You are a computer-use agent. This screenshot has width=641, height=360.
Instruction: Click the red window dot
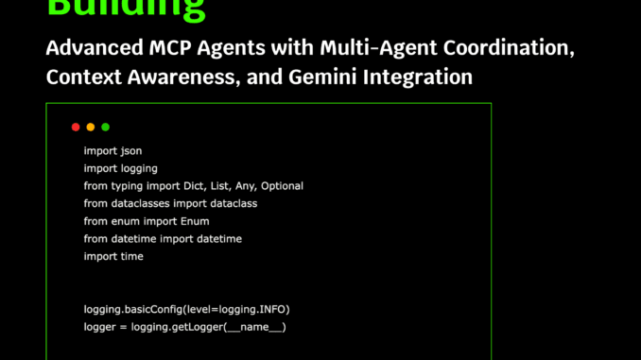click(x=76, y=127)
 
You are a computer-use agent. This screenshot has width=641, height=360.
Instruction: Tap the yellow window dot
click(x=91, y=127)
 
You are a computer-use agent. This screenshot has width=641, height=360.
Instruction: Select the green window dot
click(x=106, y=127)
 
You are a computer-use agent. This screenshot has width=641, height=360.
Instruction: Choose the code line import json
click(x=113, y=150)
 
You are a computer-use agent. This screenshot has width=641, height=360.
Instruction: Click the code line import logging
click(x=120, y=168)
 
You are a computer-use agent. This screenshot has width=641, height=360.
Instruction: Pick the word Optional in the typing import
click(x=282, y=186)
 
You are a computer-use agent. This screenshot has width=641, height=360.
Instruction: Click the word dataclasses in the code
click(x=145, y=203)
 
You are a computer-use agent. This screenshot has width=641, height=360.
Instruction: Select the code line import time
click(x=113, y=256)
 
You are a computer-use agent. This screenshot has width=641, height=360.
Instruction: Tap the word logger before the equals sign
click(x=102, y=327)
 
